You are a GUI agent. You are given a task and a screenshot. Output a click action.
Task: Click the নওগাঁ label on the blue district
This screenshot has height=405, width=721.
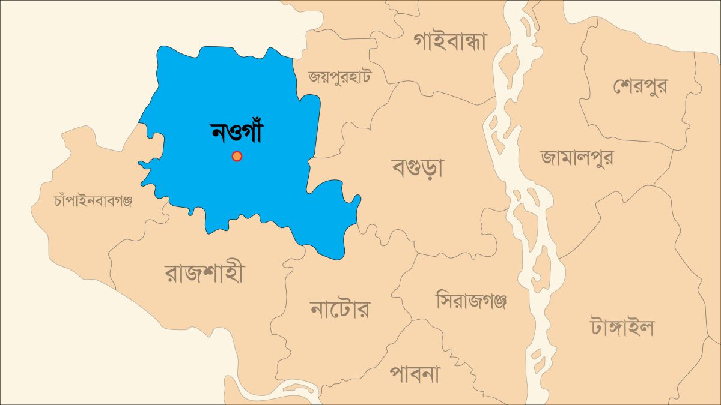point(237,133)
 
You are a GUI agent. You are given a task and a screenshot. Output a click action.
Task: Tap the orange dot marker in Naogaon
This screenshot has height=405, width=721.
point(237,157)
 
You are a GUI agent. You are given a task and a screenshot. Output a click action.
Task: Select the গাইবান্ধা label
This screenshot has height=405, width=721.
point(450,41)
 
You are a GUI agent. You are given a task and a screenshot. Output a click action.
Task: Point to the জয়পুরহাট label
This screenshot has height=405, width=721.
point(339,77)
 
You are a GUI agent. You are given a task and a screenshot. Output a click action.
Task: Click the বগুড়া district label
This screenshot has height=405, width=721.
point(417,167)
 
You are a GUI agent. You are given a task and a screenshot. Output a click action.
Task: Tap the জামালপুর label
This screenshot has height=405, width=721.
point(577,157)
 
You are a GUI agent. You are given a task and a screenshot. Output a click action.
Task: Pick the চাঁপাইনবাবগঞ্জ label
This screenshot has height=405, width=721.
point(93,201)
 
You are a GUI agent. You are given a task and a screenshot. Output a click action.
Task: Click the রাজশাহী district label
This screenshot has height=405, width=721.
point(204,274)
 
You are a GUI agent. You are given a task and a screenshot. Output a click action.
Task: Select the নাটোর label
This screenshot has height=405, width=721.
point(339,310)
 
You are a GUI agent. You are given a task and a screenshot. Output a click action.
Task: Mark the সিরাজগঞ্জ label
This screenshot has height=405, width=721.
point(471,300)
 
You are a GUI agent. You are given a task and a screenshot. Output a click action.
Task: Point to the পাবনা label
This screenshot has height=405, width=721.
point(415,375)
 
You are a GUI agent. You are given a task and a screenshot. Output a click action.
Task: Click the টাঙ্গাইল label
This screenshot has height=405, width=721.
point(622,328)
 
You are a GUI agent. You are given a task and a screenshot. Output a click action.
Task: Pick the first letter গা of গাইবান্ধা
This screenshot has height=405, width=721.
point(422,41)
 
